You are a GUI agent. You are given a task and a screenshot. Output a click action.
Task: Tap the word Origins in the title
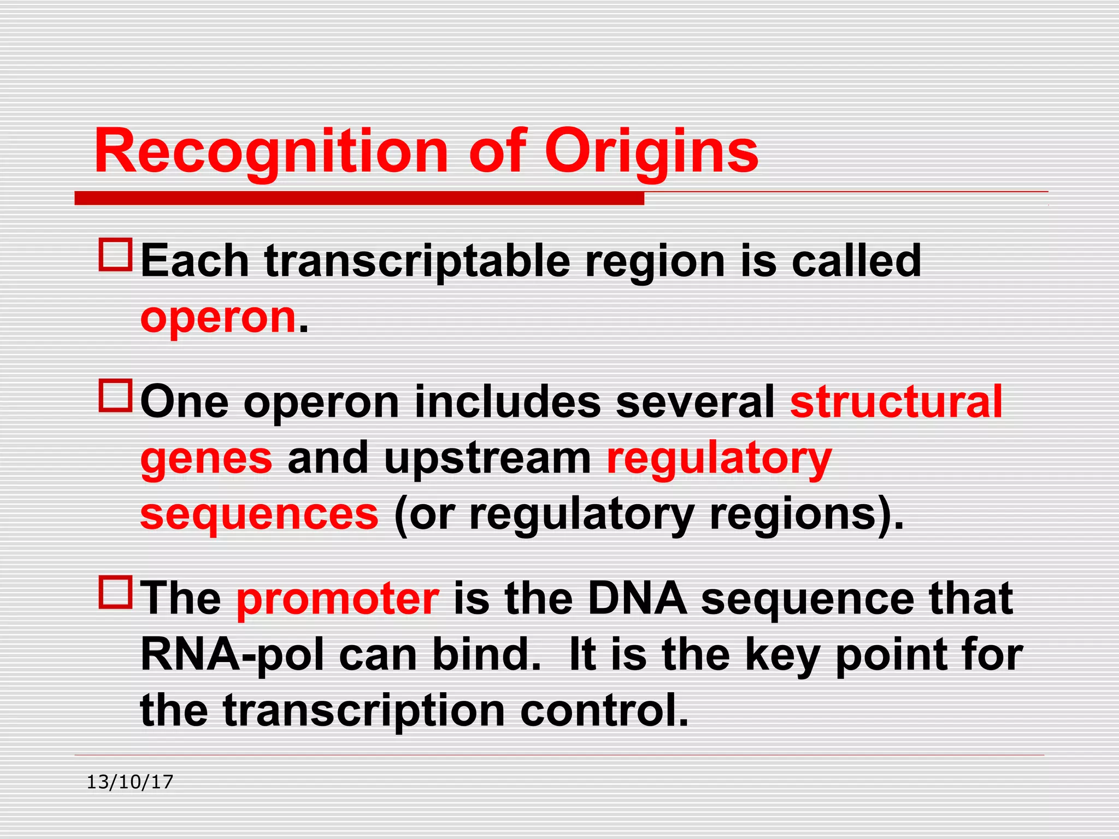pos(651,151)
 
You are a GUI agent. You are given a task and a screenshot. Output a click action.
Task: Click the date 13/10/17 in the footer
pos(130,782)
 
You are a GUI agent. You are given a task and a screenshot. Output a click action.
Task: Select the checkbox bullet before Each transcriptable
pos(115,255)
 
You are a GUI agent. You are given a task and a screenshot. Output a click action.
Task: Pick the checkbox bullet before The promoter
pos(115,592)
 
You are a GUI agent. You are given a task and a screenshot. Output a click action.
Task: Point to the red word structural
pos(896,402)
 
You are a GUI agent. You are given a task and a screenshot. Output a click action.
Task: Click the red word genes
pos(207,459)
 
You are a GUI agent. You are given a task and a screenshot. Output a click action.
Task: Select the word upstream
pos(488,459)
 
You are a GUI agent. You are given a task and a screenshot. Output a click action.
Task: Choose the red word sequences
pos(260,515)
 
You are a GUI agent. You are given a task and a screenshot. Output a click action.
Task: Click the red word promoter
pos(338,599)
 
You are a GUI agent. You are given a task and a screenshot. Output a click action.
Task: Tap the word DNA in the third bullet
pos(637,599)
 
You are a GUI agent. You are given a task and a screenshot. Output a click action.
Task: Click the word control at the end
pos(604,711)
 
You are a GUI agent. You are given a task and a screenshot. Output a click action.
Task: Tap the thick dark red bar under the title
pos(359,198)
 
